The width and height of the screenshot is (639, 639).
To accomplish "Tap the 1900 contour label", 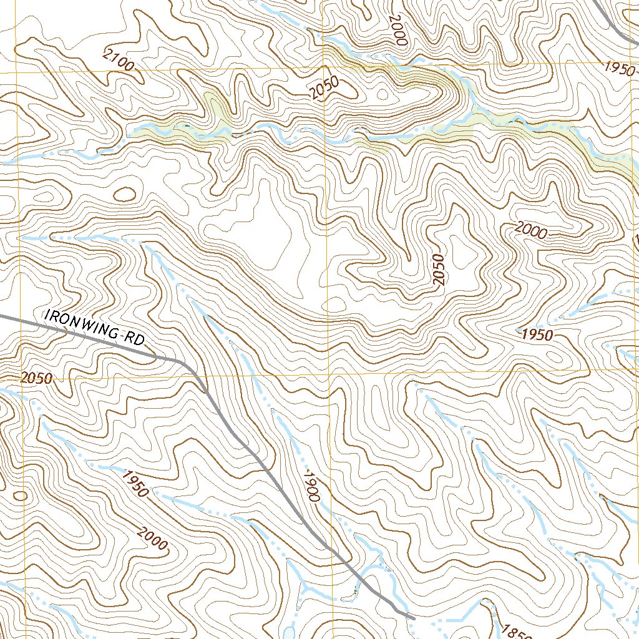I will [311, 487].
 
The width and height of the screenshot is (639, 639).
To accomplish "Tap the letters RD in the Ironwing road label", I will [133, 339].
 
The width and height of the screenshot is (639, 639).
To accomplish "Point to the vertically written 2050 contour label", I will [440, 270].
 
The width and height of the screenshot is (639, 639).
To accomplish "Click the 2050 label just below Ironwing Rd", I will [36, 378].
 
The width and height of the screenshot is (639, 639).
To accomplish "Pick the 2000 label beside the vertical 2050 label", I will [531, 232].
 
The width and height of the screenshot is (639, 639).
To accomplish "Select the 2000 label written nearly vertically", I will [398, 29].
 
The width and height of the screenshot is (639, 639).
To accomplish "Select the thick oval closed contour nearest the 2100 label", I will [125, 194].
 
